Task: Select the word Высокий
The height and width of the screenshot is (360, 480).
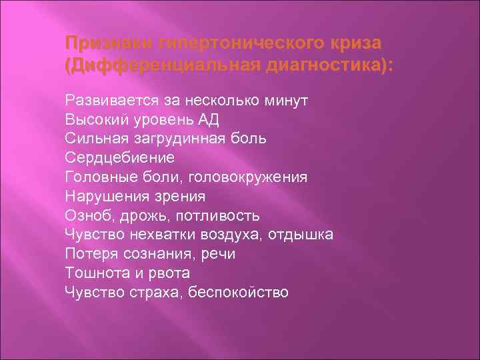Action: click(x=94, y=119)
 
